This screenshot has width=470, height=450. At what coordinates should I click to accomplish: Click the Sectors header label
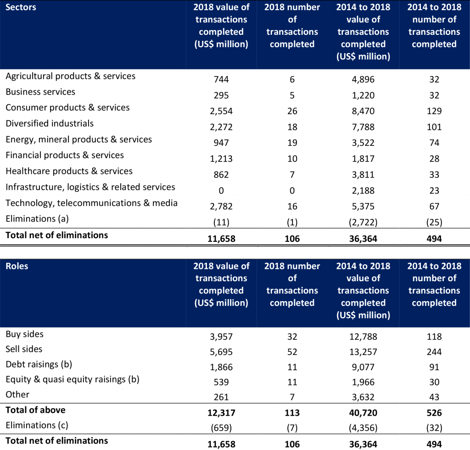point(21,7)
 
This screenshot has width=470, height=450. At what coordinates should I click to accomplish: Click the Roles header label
point(17,266)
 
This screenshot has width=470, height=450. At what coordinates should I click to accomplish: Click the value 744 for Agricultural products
point(221,79)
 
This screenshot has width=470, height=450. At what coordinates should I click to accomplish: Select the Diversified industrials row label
point(50,123)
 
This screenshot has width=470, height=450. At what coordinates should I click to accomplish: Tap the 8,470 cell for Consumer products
point(363,111)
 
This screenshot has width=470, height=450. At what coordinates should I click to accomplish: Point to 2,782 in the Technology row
point(221,206)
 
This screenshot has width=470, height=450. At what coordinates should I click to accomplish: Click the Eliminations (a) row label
point(37,219)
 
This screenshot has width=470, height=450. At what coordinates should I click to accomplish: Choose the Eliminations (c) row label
point(37,425)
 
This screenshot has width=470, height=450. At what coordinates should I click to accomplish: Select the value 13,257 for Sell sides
point(363,352)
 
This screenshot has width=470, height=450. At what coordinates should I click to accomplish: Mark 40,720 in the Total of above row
point(363,413)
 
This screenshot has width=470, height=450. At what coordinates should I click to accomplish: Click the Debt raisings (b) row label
point(39,365)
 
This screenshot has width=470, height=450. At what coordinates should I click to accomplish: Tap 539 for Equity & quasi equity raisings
point(221,382)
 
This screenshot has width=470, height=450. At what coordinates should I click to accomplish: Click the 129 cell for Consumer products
point(434,111)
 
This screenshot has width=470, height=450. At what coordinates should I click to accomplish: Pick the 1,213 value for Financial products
point(221,159)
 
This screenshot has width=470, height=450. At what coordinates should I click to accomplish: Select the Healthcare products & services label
point(69,171)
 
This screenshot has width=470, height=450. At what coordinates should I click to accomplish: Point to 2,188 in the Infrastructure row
point(363,190)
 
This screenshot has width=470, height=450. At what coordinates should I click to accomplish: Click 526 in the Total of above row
point(434,413)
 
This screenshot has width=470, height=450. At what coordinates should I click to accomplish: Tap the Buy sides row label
point(25,334)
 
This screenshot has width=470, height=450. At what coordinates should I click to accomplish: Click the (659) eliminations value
point(221,428)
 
